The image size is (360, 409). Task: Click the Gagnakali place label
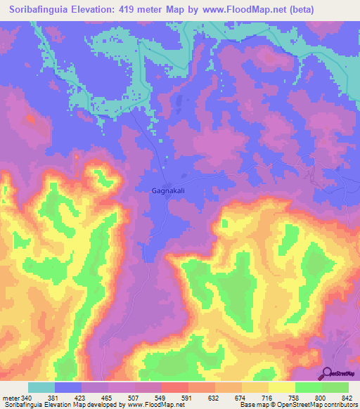[x=169, y=190]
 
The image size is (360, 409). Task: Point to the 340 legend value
[x=27, y=398]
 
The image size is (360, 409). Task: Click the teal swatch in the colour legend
[x=41, y=387]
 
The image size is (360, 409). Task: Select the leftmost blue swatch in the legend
[x=68, y=387]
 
